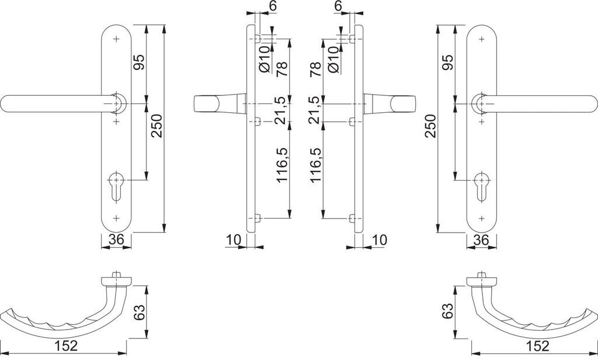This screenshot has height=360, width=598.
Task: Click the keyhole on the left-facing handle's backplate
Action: point(117,182)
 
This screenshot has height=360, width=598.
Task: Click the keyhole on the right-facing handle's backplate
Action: point(481,182)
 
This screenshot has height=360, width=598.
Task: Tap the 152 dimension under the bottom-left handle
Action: point(67,346)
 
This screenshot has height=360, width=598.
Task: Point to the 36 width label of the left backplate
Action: point(116,239)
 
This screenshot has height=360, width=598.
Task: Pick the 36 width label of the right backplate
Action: point(481,239)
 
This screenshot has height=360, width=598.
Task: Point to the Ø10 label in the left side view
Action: point(265,60)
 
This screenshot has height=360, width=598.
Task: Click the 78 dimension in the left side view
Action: point(281,70)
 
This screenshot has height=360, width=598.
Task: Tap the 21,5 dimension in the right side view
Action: point(316,110)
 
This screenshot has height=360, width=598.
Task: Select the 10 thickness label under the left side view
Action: point(233,240)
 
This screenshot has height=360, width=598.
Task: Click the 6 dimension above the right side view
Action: point(337,6)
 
